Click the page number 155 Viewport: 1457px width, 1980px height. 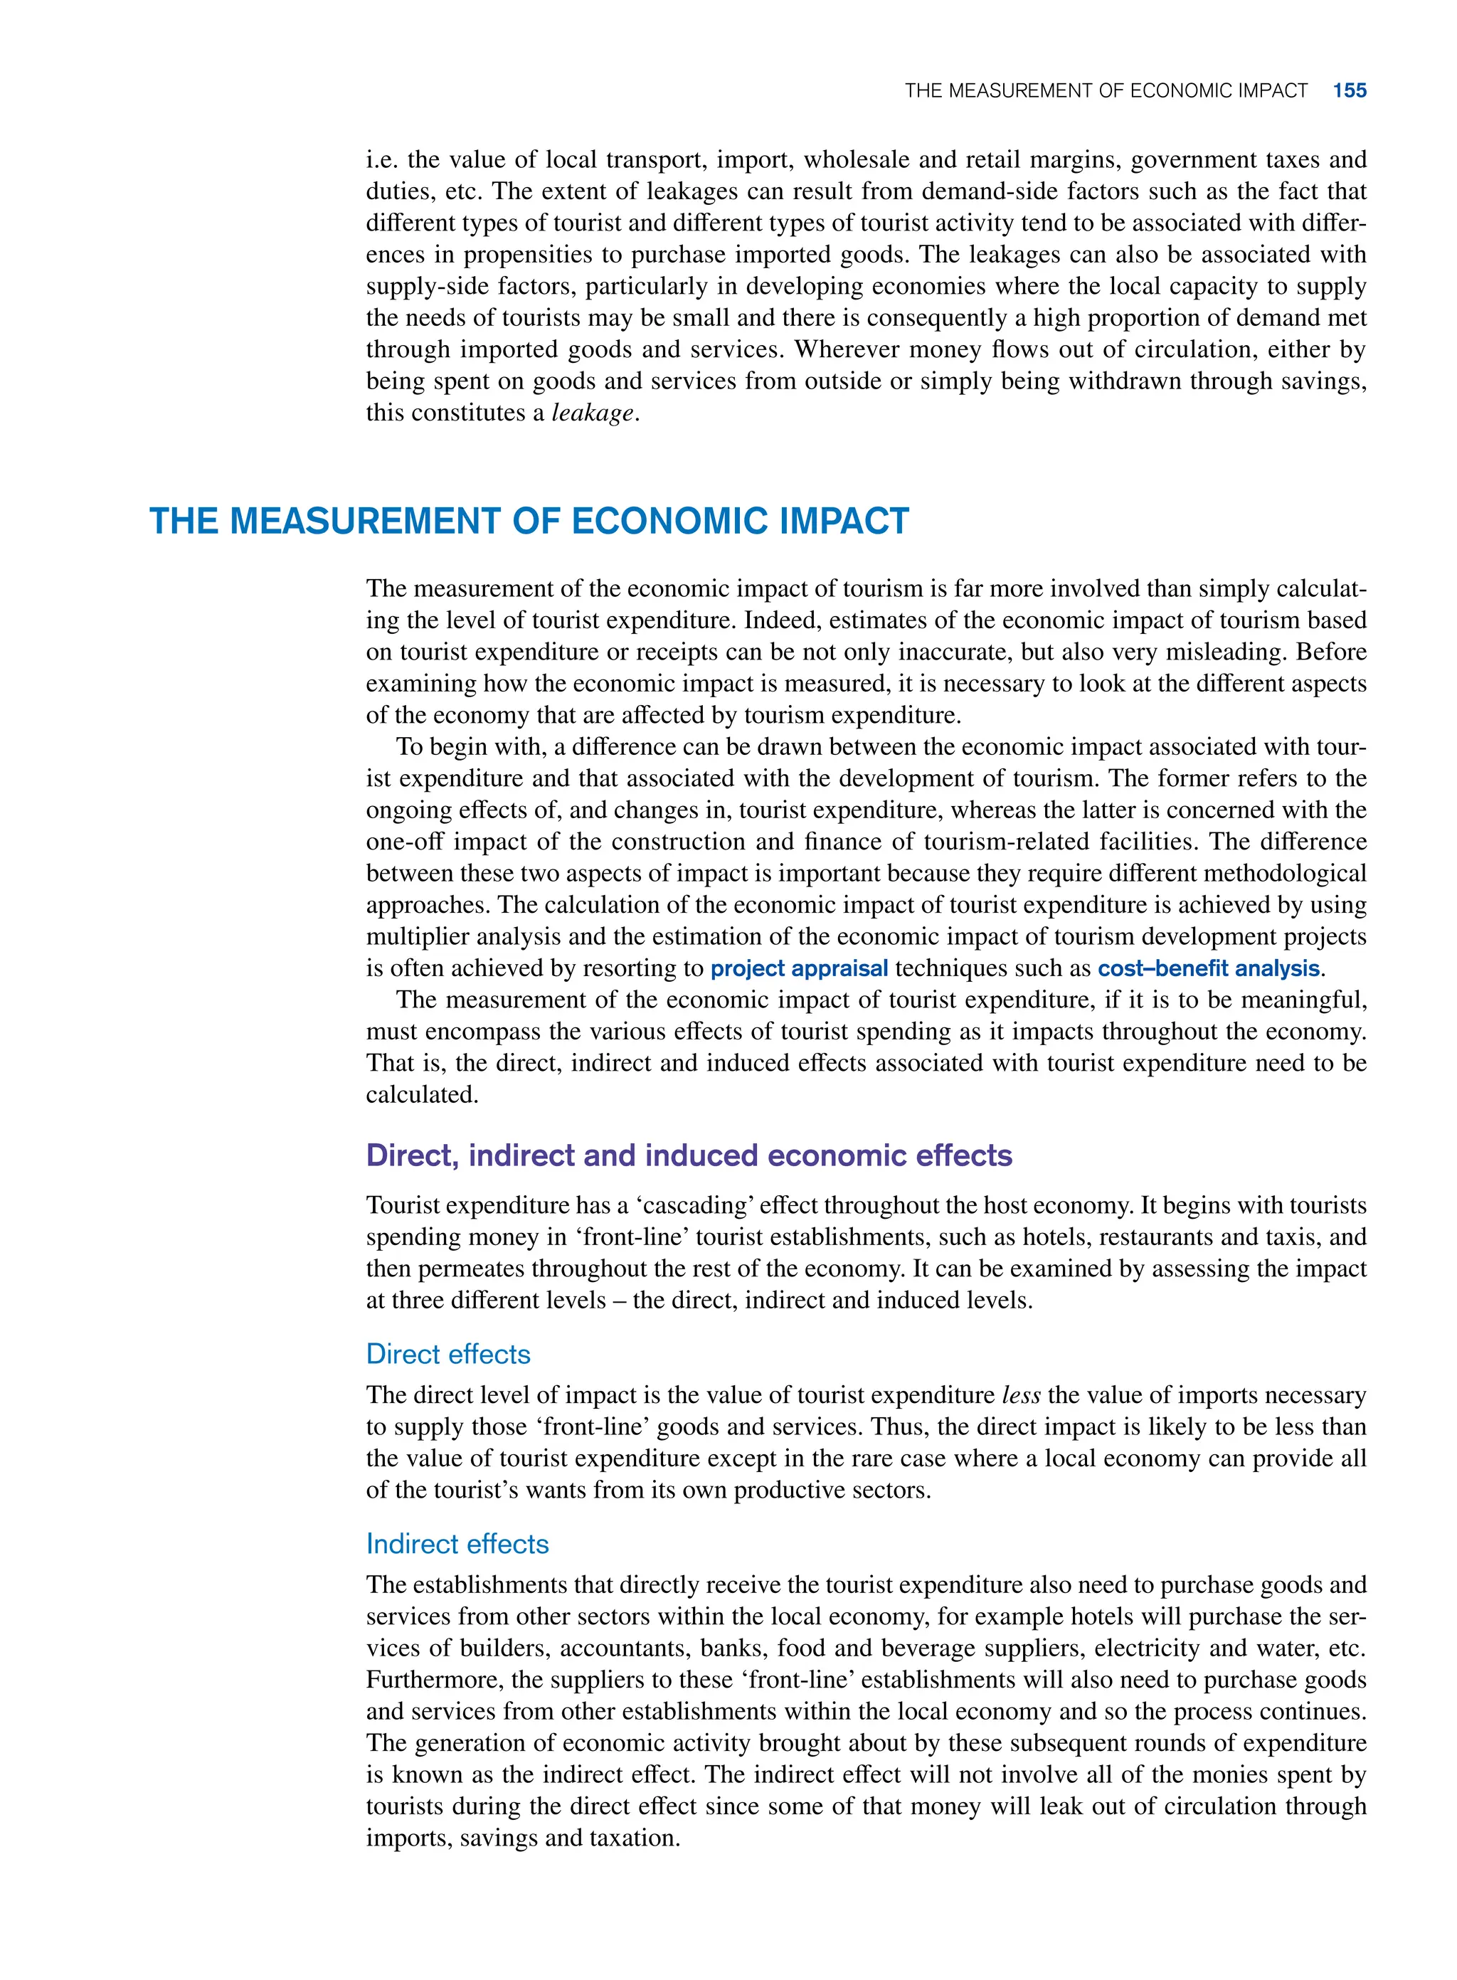click(1349, 91)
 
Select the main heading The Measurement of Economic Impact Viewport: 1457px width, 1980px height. click(529, 522)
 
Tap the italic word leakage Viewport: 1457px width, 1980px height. click(592, 413)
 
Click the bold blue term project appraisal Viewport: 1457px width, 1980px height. click(798, 968)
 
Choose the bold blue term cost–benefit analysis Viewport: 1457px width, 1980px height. click(1207, 968)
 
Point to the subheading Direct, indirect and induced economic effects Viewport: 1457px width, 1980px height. click(688, 1155)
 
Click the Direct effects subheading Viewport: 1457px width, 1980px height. click(448, 1354)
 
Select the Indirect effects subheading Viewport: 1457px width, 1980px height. click(457, 1543)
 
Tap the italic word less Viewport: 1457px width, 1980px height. click(1022, 1395)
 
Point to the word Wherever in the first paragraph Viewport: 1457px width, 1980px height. click(849, 349)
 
